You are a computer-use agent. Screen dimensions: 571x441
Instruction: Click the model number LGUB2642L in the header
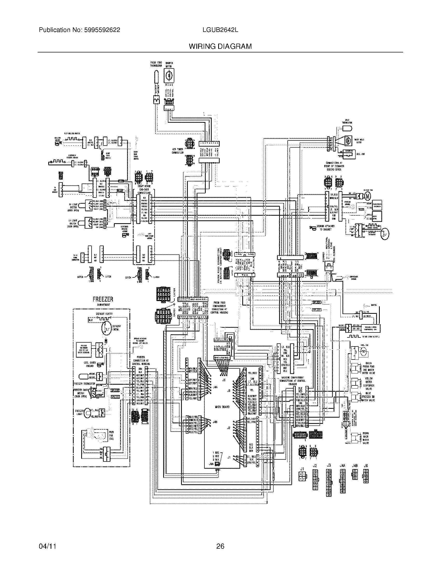point(220,30)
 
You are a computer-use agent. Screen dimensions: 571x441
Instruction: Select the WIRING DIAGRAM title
point(220,46)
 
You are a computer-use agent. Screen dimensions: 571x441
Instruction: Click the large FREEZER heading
point(103,299)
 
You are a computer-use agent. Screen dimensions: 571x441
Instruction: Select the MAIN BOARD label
point(222,407)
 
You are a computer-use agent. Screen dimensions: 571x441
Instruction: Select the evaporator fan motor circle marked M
point(368,195)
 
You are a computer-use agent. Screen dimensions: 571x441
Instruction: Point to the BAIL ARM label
point(360,154)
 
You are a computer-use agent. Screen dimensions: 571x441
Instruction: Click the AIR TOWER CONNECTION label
point(178,151)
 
